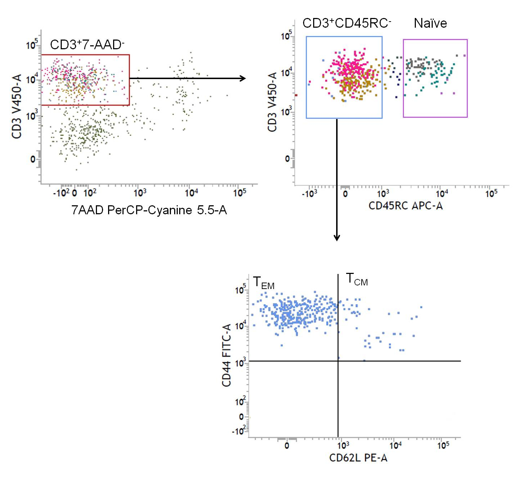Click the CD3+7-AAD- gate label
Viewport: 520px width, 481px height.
pos(87,45)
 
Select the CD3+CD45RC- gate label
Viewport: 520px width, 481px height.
pos(347,23)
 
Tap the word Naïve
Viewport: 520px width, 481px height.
pos(430,23)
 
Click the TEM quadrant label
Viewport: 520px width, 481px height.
pos(264,283)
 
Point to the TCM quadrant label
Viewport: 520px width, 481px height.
pos(357,279)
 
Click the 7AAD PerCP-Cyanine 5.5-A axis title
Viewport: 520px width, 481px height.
pos(149,210)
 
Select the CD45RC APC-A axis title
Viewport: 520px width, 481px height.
pos(405,206)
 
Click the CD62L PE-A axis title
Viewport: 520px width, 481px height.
pos(358,458)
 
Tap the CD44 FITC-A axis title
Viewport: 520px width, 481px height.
pos(227,355)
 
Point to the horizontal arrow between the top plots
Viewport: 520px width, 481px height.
pos(187,78)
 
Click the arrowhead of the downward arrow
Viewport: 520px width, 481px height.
pos(337,238)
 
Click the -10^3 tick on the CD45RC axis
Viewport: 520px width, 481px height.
pos(309,194)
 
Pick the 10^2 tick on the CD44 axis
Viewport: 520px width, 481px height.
pos(240,401)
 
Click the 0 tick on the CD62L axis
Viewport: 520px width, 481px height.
pos(287,446)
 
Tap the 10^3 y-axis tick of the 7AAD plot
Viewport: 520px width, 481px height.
pos(32,116)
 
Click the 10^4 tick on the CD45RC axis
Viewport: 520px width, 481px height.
pos(442,194)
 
